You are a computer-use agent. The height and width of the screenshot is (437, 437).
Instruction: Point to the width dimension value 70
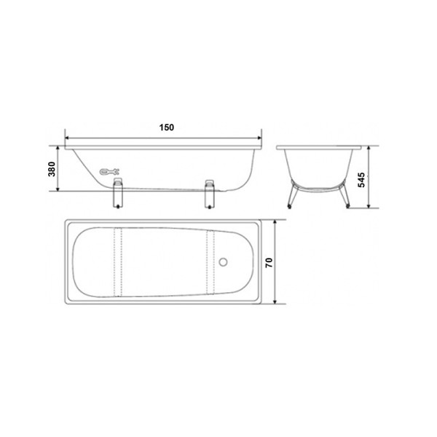(x=268, y=261)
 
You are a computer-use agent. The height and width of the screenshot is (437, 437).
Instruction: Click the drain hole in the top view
(x=225, y=260)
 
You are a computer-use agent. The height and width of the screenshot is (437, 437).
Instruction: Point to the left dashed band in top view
(x=117, y=260)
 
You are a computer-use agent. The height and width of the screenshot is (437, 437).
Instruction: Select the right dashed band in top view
(x=211, y=260)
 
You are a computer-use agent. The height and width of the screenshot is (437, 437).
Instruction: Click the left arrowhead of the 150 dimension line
(x=68, y=136)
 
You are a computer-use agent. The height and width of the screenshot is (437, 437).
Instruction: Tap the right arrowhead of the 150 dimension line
(x=261, y=136)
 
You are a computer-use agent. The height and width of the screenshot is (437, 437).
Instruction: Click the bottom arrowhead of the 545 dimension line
(x=371, y=208)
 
